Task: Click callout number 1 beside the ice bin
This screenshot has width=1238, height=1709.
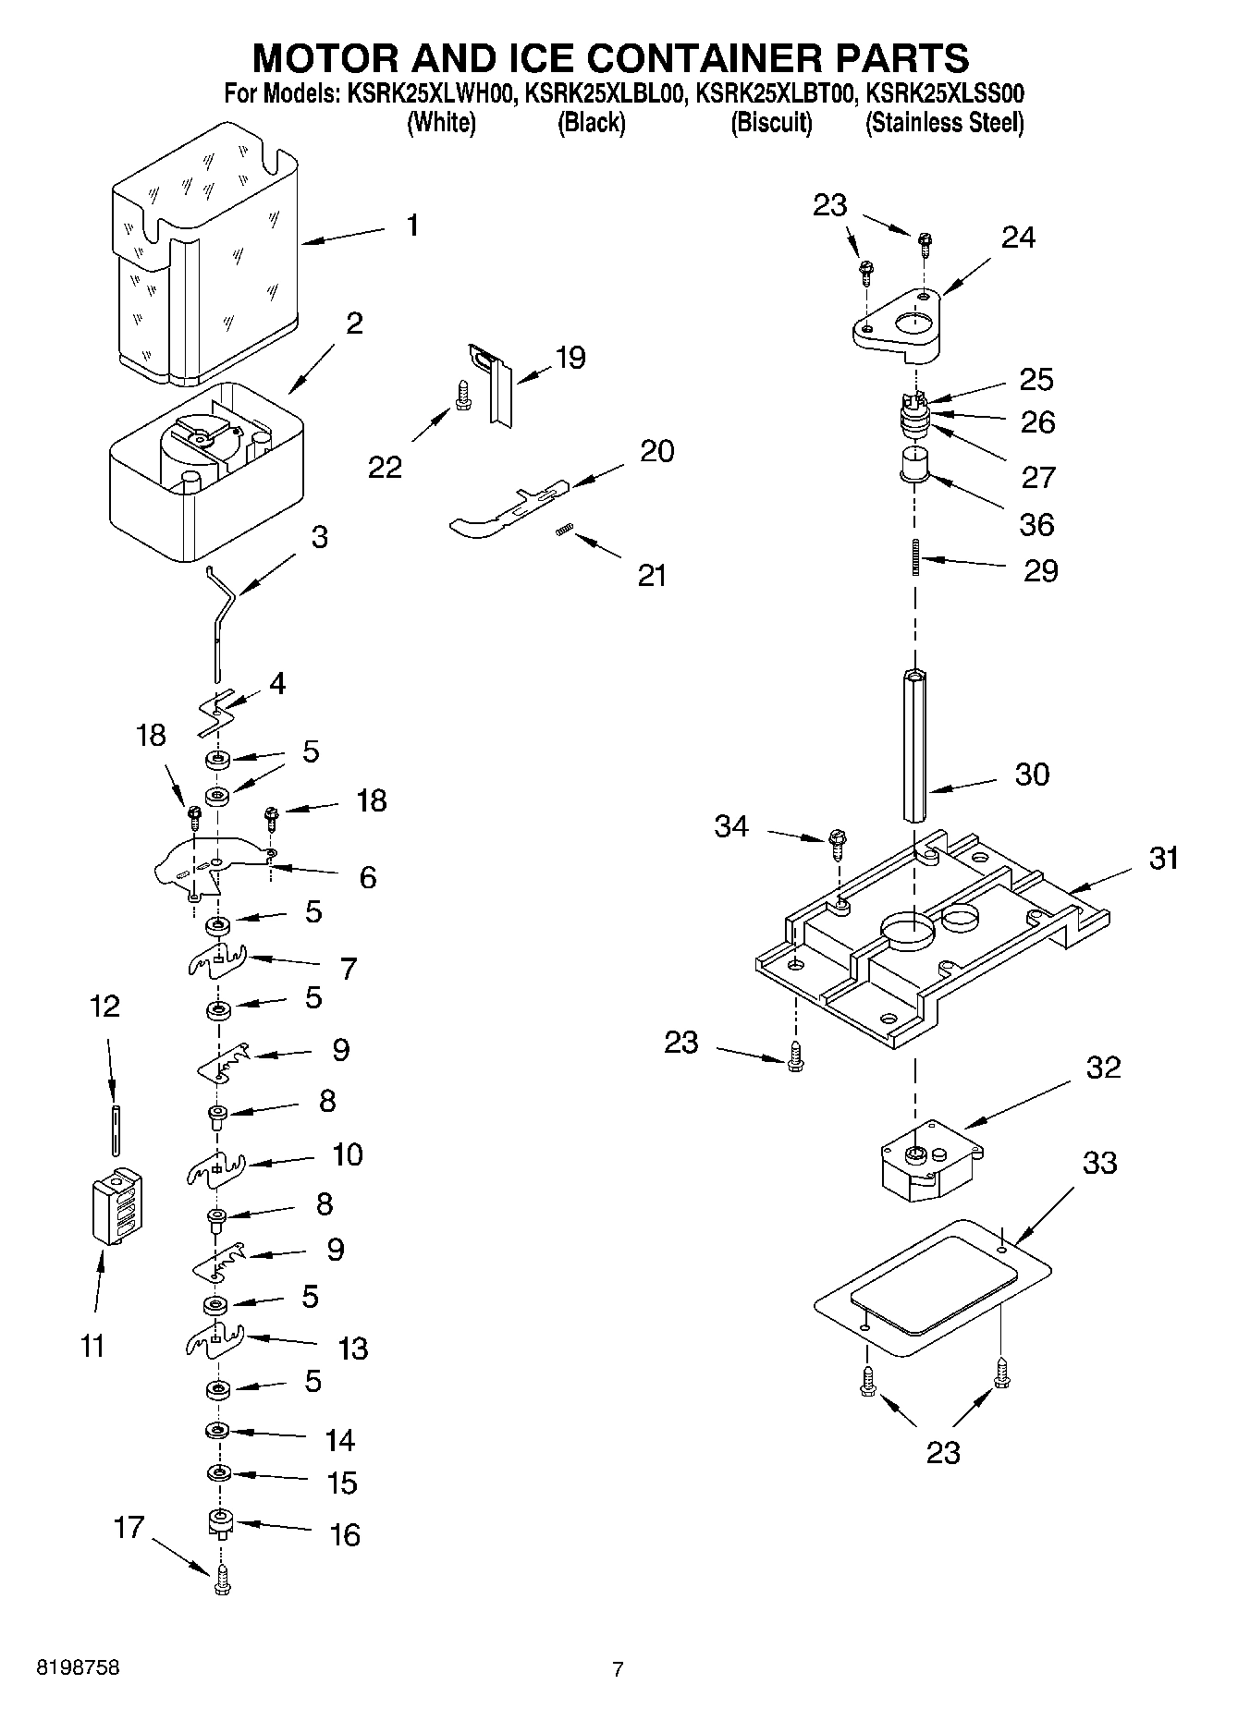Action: coord(412,225)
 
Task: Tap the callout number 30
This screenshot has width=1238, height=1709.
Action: coord(1032,774)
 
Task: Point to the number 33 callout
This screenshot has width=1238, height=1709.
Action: coord(1099,1162)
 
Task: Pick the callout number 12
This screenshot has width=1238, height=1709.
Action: coord(104,1006)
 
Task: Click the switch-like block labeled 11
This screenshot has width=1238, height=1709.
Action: coord(116,1208)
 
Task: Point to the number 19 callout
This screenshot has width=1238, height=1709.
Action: coord(570,358)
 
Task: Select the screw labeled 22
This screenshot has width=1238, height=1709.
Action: coord(461,396)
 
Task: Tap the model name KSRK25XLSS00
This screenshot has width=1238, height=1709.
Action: coord(945,93)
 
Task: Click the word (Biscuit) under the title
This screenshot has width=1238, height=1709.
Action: coord(771,122)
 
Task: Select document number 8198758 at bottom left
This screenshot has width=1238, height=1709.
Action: coord(78,1668)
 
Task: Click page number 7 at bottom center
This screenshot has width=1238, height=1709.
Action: coord(618,1669)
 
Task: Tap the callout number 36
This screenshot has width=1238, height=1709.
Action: coord(1036,524)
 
